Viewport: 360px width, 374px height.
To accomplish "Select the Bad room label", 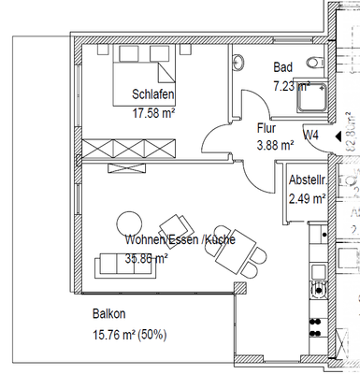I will click(283, 67).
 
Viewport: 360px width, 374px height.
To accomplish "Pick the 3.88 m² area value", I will click(275, 145).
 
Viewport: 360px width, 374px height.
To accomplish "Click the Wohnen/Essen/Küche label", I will click(180, 239).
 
